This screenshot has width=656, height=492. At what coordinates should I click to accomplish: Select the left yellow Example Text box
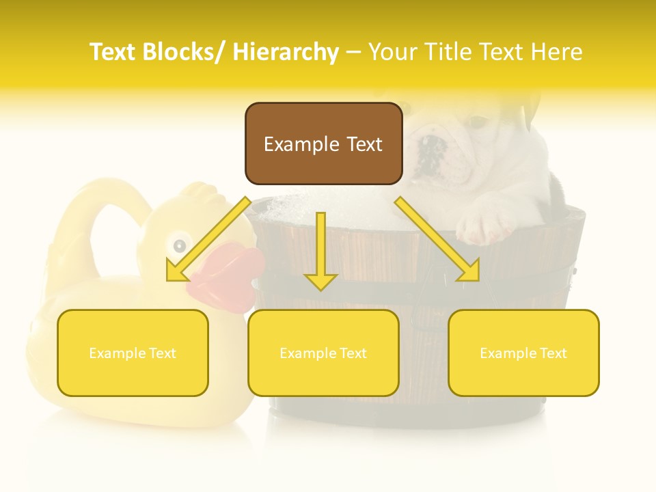pyautogui.click(x=133, y=353)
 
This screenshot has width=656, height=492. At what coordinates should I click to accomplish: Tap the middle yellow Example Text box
pyautogui.click(x=323, y=353)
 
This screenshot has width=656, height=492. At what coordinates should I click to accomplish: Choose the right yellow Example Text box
pyautogui.click(x=523, y=353)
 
